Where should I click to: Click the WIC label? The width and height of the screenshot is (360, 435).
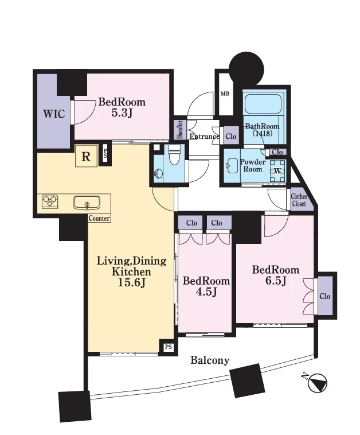click(x=54, y=114)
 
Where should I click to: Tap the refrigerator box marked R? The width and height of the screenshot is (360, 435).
click(x=86, y=157)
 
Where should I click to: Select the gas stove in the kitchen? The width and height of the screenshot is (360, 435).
click(x=50, y=201)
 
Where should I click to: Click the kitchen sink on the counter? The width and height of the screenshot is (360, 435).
click(x=87, y=203)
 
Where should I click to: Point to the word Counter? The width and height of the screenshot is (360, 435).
click(x=99, y=218)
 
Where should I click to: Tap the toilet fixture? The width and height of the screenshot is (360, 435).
click(x=175, y=155)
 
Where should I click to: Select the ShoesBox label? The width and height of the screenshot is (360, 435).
click(x=180, y=130)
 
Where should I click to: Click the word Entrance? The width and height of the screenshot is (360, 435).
click(x=205, y=137)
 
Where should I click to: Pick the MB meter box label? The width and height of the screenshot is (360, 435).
click(x=225, y=94)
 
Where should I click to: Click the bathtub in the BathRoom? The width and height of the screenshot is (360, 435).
click(x=262, y=104)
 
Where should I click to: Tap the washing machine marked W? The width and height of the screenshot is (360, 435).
click(x=277, y=171)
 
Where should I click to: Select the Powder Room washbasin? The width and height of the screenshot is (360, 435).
click(x=232, y=166)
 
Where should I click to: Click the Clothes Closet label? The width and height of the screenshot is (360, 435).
click(x=299, y=200)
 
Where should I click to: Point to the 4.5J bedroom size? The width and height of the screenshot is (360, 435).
click(x=206, y=292)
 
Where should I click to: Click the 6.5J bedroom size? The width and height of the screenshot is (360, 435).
click(x=276, y=281)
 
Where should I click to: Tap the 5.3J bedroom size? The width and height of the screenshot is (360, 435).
click(x=122, y=113)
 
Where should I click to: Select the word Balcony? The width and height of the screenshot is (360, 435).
click(x=210, y=360)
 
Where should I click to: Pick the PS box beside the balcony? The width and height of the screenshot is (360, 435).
click(x=168, y=347)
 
